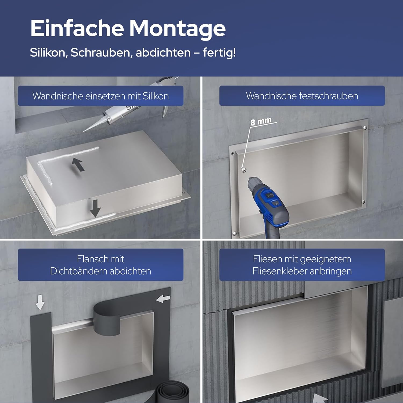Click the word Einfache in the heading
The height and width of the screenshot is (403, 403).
(77, 28)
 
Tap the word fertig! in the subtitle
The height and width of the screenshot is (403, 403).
(219, 52)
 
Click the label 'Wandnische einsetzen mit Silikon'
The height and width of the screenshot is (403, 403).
(100, 96)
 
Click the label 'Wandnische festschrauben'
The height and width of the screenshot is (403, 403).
(302, 96)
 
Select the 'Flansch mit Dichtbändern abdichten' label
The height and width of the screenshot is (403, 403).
(100, 265)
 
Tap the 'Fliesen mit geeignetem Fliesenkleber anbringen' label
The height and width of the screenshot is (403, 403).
(302, 265)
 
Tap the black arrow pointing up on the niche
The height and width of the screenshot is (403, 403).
(78, 164)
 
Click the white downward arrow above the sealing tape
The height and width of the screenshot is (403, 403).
(40, 302)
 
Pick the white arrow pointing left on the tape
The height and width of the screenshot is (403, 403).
(163, 298)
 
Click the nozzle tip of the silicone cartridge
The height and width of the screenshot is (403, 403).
(84, 131)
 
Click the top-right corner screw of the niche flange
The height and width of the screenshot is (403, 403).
(365, 128)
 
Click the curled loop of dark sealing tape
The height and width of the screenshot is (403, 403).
(107, 320)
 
